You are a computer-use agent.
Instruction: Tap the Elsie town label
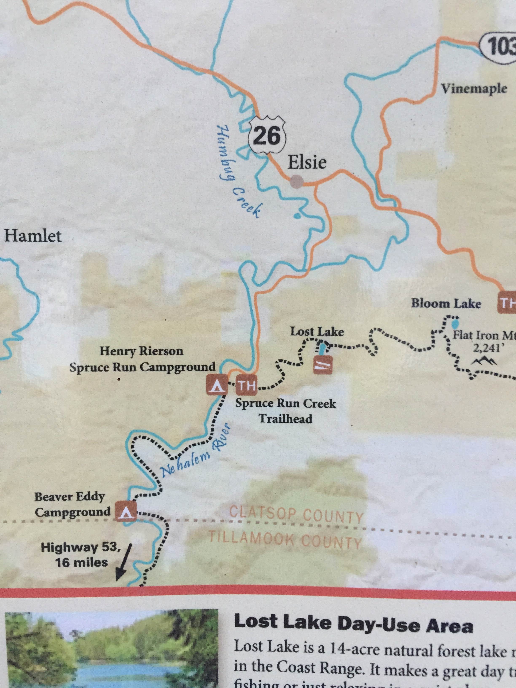[x=307, y=162]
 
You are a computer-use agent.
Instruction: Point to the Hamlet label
[x=33, y=236]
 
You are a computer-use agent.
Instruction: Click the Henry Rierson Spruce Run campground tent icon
[x=217, y=385]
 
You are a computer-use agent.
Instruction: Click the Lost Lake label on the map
[x=317, y=332]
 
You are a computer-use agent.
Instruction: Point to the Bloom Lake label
[x=446, y=303]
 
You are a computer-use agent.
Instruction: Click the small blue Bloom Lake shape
[x=455, y=324]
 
